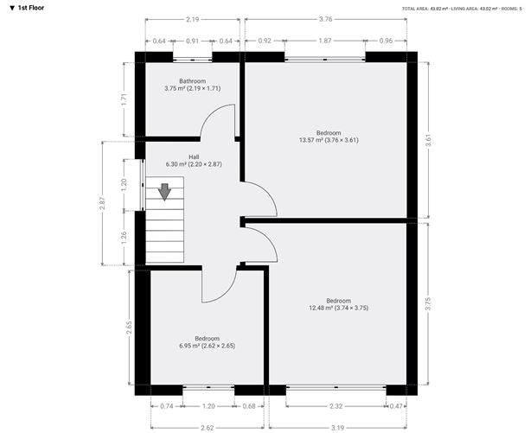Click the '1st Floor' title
pos(26,7)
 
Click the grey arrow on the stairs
pos(164,190)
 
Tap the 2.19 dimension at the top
pos(193,19)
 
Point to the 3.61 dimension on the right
pos(428,138)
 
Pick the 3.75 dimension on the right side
pos(428,302)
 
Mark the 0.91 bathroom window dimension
pos(192,41)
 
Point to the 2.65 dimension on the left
pos(130,327)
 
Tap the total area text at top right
pos(463,8)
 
